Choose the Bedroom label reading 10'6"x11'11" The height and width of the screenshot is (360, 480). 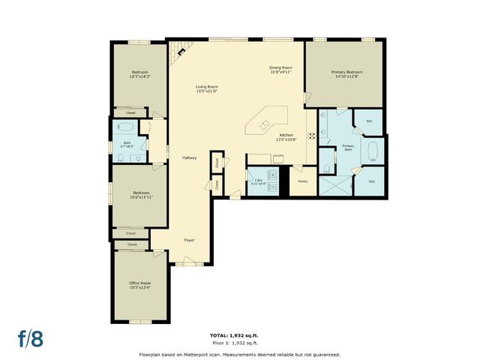tap(139, 195)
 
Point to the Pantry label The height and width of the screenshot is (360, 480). tap(303, 181)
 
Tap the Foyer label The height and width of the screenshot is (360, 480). tap(190, 240)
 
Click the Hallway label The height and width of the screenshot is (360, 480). tap(189, 157)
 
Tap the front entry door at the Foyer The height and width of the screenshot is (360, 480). tap(189, 262)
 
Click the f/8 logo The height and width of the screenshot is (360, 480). tap(31, 337)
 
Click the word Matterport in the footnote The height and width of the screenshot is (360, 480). tap(197, 354)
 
